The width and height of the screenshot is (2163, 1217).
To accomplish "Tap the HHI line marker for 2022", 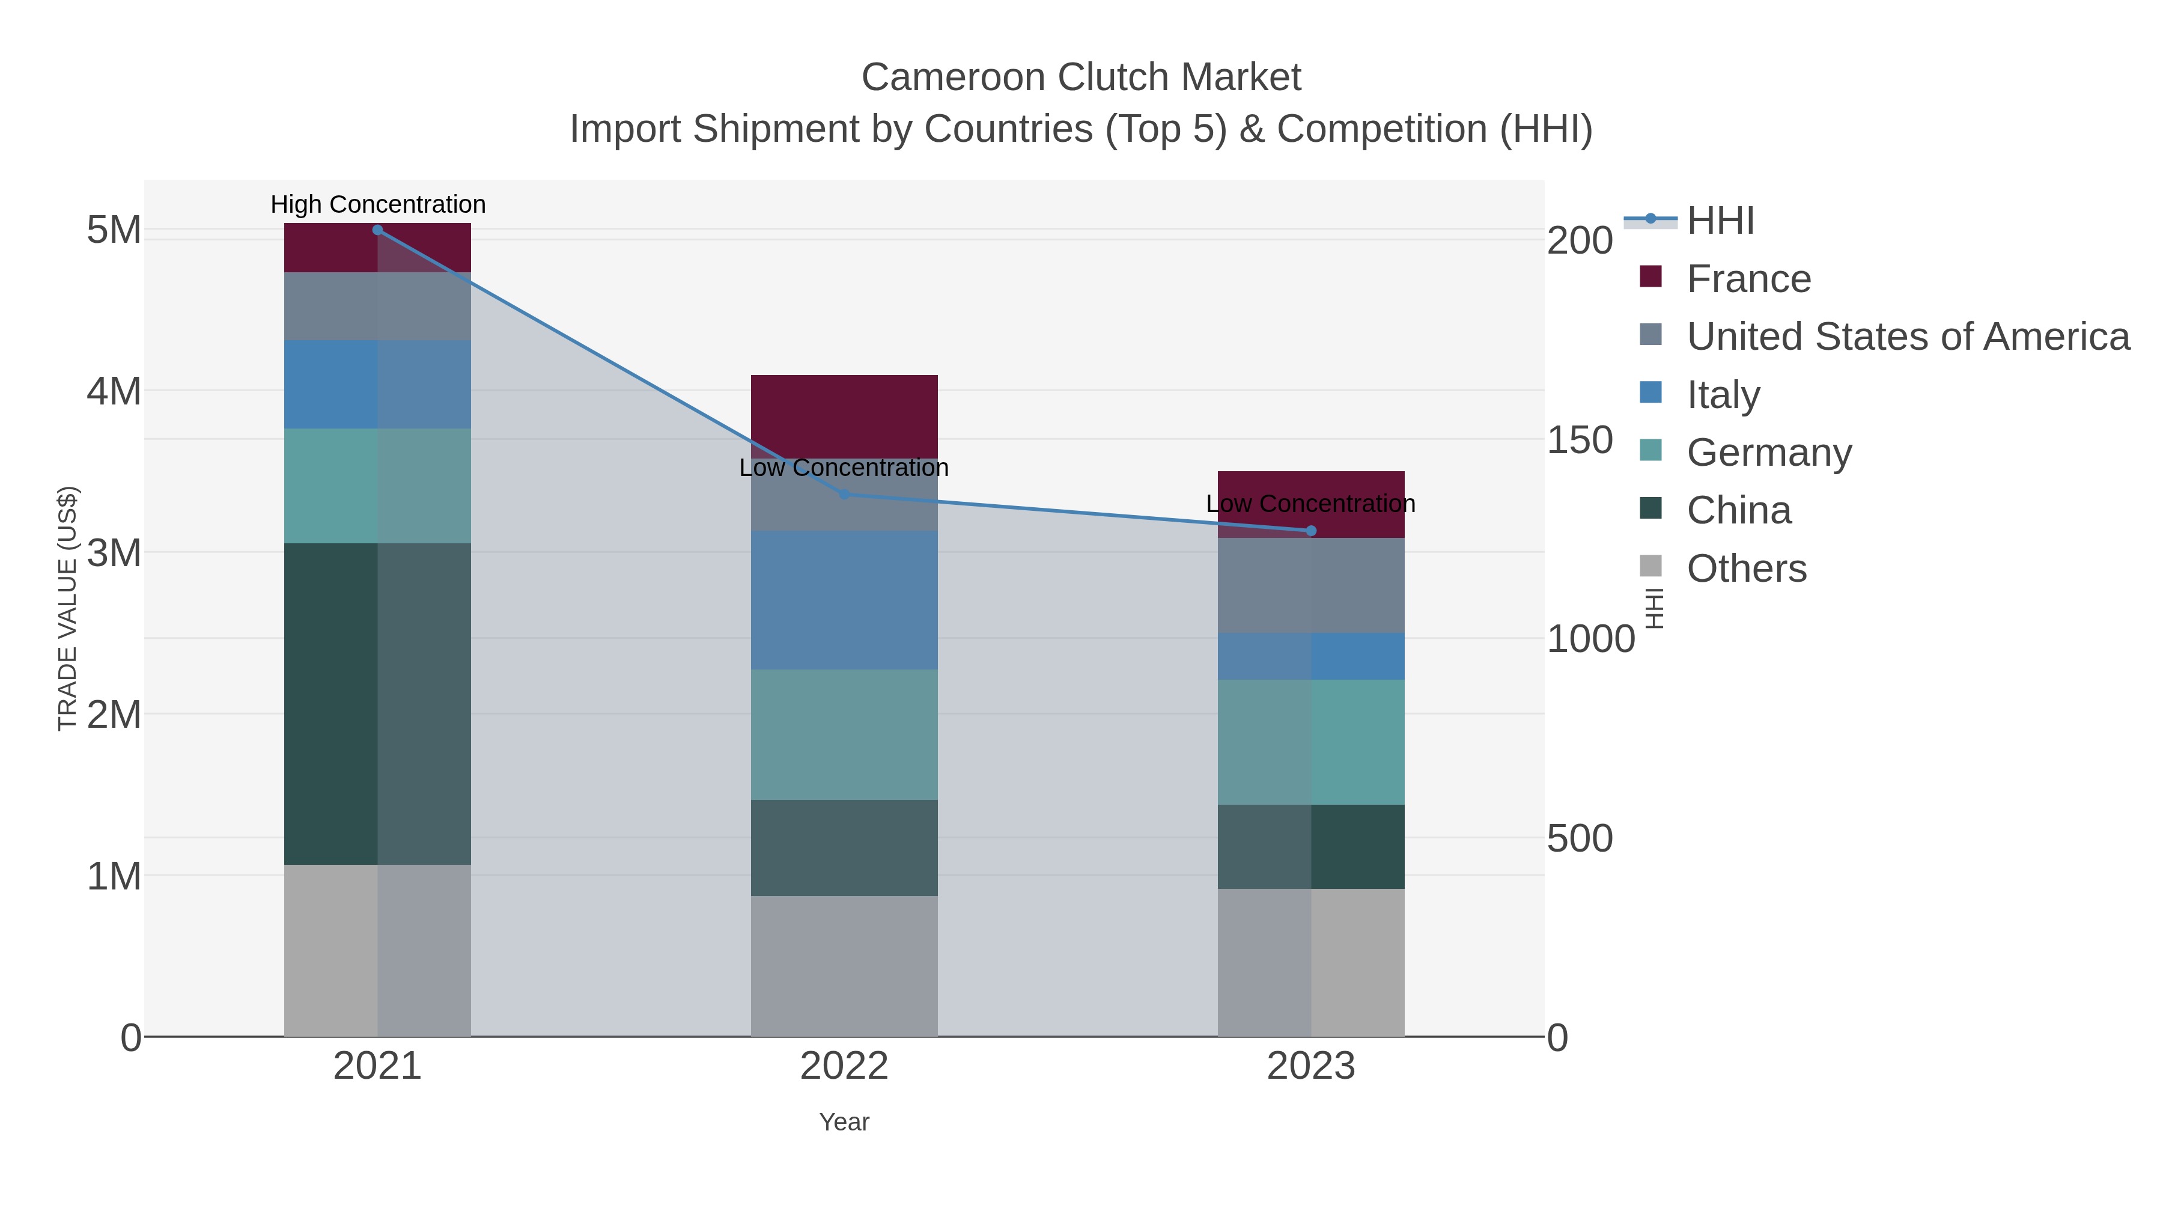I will (845, 495).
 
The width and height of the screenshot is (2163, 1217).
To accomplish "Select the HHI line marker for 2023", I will (1311, 531).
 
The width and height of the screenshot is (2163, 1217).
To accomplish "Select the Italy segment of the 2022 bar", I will (844, 600).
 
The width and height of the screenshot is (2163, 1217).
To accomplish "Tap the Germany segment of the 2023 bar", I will (1311, 742).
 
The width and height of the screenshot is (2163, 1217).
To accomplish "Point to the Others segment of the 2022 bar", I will (844, 966).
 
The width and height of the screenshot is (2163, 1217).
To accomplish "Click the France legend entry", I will (1748, 279).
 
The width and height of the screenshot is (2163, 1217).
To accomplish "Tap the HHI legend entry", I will (1720, 221).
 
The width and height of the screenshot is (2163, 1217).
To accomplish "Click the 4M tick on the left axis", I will (114, 391).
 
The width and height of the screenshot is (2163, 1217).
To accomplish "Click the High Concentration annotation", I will (378, 204).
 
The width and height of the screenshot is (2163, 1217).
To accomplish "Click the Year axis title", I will (844, 1122).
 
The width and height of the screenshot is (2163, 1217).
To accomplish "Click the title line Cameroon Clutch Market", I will (1081, 78).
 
